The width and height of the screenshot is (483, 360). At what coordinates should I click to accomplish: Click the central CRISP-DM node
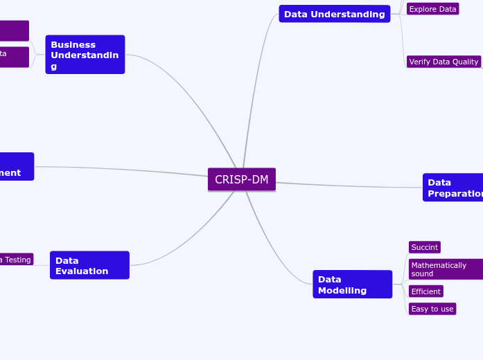(x=241, y=180)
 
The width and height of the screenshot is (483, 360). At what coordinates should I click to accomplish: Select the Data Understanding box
(x=334, y=14)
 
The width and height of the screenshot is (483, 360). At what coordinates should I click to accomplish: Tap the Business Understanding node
(x=85, y=55)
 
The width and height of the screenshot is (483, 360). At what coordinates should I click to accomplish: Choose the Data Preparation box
(x=453, y=188)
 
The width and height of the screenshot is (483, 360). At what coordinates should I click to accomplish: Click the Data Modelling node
(x=352, y=285)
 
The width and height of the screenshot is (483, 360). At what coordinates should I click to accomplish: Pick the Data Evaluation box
(x=89, y=265)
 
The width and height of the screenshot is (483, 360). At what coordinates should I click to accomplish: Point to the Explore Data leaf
(x=432, y=9)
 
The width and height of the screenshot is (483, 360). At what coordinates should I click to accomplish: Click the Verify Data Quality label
(x=444, y=62)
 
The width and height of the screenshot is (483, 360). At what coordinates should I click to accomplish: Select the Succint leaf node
(x=424, y=247)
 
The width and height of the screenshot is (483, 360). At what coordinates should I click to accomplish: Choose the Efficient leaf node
(x=425, y=291)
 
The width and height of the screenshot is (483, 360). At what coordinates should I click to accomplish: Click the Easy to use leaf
(x=432, y=309)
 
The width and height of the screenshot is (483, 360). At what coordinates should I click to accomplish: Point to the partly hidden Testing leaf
(x=15, y=260)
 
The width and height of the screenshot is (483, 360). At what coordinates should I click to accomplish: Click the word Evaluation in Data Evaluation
(x=82, y=271)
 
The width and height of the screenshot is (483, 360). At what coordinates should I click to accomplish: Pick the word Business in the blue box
(x=73, y=44)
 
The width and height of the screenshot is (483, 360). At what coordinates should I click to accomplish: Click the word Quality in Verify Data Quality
(x=464, y=62)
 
